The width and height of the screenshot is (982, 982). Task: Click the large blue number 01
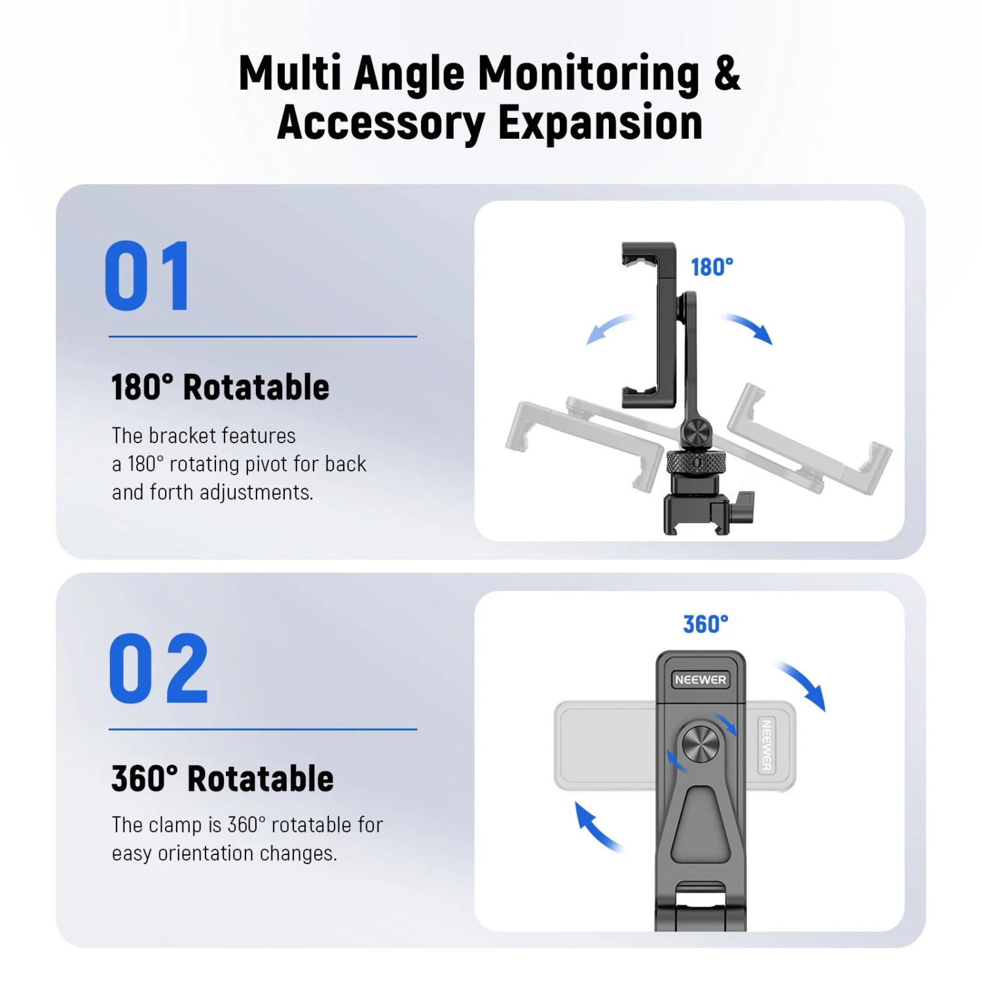148,276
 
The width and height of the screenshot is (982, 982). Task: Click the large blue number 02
158,668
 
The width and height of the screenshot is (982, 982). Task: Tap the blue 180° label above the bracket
712,267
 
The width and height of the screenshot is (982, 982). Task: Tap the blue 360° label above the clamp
705,625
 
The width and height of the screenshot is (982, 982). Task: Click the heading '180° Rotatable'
220,387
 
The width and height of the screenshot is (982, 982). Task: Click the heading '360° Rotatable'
223,778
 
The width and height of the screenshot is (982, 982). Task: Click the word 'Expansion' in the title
600,123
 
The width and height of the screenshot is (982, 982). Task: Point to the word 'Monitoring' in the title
589,73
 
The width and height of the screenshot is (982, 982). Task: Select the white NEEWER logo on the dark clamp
700,680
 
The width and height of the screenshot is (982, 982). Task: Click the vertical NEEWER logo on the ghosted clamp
766,746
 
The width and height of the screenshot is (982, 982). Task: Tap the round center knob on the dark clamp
700,744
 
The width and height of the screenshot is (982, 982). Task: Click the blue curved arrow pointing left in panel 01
609,327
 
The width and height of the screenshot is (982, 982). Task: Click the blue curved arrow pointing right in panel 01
749,327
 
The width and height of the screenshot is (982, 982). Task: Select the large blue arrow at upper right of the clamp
803,685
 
